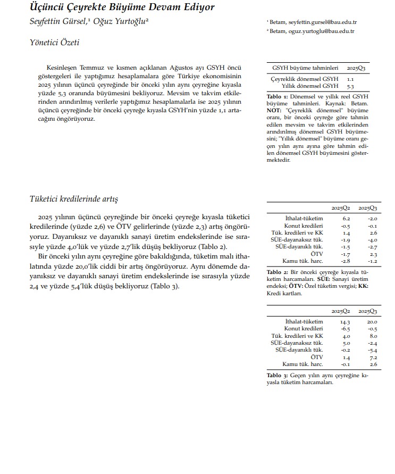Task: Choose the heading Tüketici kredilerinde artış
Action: [73, 199]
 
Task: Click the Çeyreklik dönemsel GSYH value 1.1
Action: [350, 78]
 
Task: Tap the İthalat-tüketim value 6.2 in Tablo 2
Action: [346, 219]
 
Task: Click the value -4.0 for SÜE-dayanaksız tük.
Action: [372, 240]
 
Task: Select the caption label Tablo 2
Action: [276, 273]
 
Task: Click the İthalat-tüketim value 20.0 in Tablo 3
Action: [372, 322]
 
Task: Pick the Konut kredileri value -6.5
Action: [345, 329]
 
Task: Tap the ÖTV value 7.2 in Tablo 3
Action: [373, 357]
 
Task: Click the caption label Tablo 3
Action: [276, 376]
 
